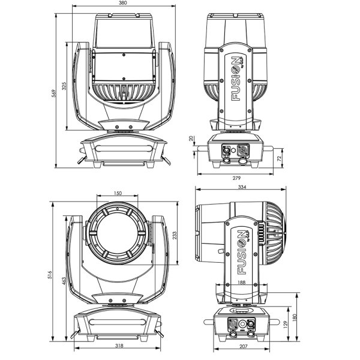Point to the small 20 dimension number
click(191, 139)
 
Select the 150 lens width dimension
click(118, 193)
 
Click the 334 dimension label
click(241, 188)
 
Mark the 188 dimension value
click(241, 281)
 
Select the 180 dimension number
click(295, 316)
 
